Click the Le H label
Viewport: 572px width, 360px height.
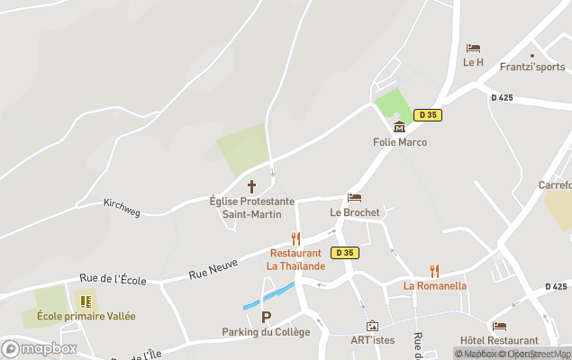pos(473,62)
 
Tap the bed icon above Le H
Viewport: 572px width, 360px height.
pos(473,49)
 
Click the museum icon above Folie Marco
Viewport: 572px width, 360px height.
pos(399,127)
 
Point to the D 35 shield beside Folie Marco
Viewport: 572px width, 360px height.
pos(427,114)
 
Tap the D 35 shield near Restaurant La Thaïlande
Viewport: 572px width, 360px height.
pos(345,253)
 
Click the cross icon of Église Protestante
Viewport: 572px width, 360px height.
pos(251,186)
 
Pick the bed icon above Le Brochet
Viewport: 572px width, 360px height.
pos(354,198)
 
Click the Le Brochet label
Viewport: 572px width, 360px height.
pos(354,212)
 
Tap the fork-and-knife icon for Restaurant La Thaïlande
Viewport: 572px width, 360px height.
pos(295,238)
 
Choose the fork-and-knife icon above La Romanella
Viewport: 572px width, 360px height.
pos(434,271)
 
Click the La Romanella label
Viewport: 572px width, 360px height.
pos(434,286)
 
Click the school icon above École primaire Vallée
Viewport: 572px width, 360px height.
pos(86,301)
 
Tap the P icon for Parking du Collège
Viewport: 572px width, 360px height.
pos(266,317)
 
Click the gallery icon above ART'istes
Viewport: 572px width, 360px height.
pos(372,326)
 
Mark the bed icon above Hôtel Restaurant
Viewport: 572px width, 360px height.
pos(499,327)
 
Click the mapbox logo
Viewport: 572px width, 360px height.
pos(39,348)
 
